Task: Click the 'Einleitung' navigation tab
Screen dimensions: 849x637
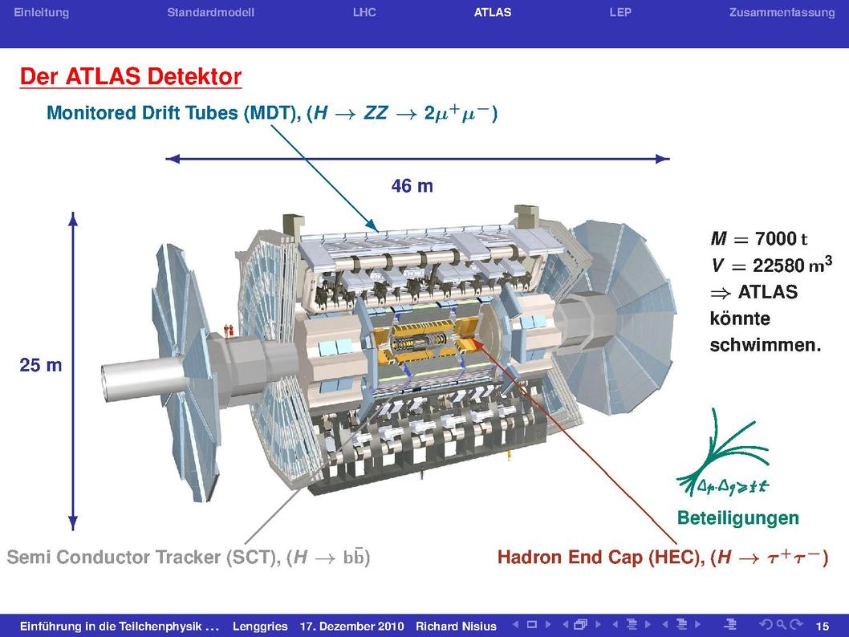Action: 41,13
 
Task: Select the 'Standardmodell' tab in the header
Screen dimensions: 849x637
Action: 210,13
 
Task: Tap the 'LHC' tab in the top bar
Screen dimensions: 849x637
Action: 364,13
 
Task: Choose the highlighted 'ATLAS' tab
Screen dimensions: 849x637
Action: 493,13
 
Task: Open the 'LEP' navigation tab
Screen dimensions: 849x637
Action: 620,13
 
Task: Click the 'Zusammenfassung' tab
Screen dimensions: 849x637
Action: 782,13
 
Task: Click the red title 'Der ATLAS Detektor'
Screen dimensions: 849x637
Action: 131,76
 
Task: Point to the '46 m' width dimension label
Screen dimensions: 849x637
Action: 412,186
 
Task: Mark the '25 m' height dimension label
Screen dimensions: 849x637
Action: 41,365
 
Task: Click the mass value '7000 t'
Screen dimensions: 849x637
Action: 781,238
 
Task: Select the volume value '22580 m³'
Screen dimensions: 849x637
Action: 792,265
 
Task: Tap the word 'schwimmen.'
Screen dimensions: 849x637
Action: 766,345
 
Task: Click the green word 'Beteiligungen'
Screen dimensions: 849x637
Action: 738,518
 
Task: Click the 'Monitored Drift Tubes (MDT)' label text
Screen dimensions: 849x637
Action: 173,113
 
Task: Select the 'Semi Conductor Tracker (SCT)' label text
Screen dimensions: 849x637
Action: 143,558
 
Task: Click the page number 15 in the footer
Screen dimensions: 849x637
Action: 822,627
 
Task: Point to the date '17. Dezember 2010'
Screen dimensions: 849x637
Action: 352,627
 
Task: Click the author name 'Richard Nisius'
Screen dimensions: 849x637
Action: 456,627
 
